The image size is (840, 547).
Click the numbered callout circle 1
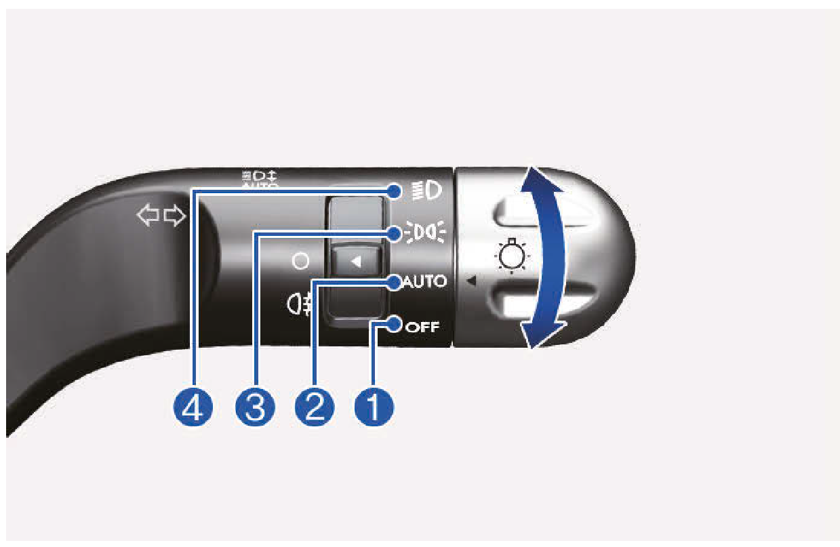(374, 408)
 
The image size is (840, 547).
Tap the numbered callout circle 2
(315, 408)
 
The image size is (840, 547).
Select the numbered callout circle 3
(255, 408)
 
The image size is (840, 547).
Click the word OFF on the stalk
(422, 327)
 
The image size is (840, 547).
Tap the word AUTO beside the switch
(425, 281)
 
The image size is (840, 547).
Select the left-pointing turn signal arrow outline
(147, 217)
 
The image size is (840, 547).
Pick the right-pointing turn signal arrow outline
(174, 217)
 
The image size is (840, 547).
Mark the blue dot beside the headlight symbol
(396, 191)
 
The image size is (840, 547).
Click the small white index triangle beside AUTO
(471, 279)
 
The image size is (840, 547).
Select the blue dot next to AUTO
(395, 281)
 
